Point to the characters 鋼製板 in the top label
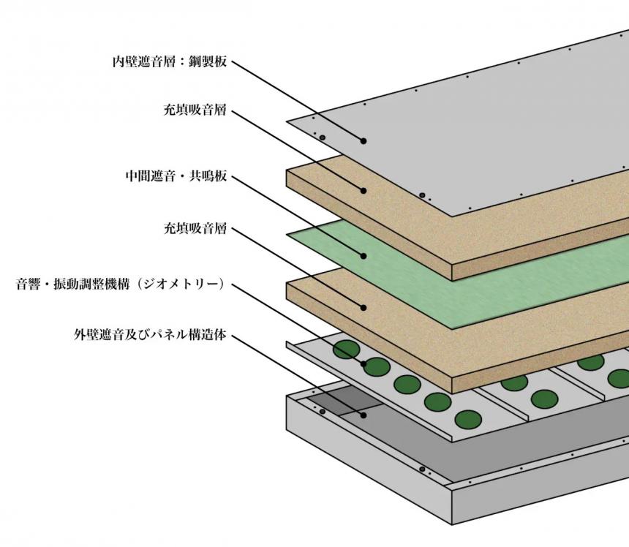tap(208, 63)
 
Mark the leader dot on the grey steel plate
tap(363, 140)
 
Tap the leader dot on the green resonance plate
tap(363, 256)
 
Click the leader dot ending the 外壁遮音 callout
tap(363, 415)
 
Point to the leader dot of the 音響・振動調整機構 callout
tap(363, 362)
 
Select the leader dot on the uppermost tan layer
tap(363, 190)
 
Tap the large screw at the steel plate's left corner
tap(321, 137)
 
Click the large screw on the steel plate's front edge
tap(422, 195)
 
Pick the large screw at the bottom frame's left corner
tap(322, 412)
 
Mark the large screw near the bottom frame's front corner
tap(423, 469)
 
